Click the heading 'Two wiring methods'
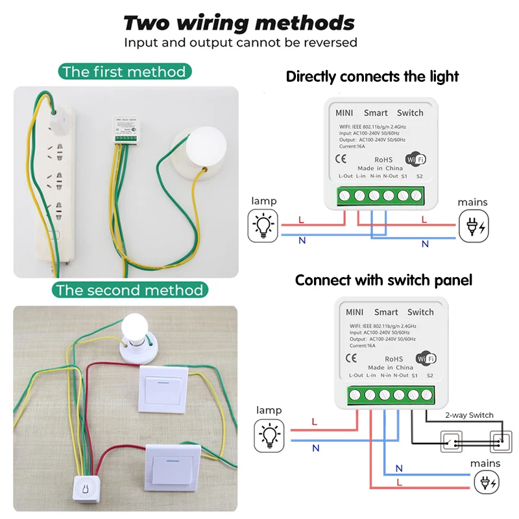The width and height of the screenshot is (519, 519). [x=239, y=23]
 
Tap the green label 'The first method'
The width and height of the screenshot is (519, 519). [x=123, y=72]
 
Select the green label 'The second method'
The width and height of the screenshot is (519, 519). [x=129, y=290]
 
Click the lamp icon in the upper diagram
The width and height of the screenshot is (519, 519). [x=263, y=225]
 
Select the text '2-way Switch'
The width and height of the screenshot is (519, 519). [x=469, y=415]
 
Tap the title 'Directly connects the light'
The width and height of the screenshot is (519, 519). [x=372, y=77]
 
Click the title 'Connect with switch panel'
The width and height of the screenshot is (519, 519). [x=383, y=280]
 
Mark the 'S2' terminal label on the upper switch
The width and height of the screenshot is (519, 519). [x=419, y=176]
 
